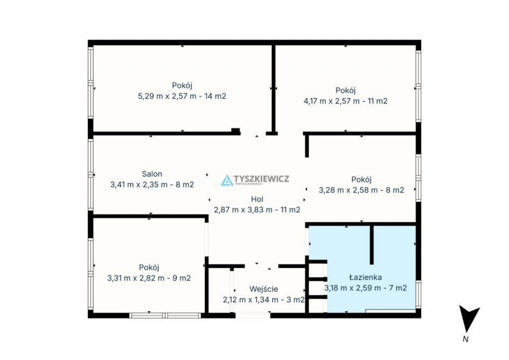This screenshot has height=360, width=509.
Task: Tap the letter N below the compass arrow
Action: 466,339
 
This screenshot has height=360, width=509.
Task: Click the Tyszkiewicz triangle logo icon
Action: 227,180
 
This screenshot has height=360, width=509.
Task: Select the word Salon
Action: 152,174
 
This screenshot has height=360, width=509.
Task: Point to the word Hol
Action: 257,199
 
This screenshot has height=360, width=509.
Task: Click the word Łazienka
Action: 365,277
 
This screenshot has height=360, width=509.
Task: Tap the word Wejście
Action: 263,289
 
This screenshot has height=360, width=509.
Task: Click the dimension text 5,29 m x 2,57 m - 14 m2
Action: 182,96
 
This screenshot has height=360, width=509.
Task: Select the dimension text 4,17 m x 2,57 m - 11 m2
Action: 345,101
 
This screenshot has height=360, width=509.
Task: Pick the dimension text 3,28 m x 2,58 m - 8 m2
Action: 361,190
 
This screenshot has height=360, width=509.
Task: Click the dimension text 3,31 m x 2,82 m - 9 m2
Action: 149,278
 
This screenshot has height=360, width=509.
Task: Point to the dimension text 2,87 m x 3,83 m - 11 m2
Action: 257,210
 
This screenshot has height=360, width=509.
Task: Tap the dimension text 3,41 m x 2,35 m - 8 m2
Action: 152,184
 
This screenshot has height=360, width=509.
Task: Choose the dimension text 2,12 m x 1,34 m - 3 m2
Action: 263,300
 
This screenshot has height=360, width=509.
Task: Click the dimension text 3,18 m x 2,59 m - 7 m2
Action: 365,288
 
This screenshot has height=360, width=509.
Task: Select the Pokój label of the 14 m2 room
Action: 182,86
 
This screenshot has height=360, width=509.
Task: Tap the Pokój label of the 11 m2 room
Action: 345,90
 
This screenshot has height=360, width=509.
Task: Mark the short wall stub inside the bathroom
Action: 372,245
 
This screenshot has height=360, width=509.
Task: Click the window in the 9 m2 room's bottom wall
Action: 165,315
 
